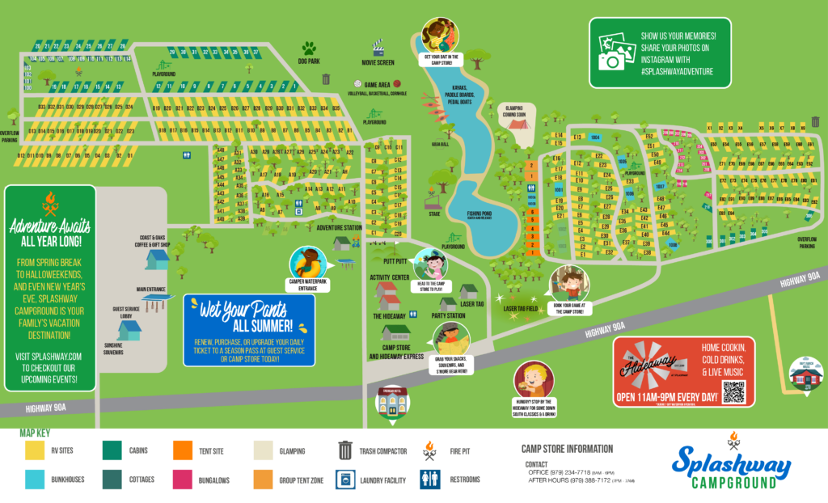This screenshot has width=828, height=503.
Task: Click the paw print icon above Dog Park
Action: [x=309, y=48]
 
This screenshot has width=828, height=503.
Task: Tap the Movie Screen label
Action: [x=378, y=62]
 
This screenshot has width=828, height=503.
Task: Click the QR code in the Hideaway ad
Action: [x=733, y=392]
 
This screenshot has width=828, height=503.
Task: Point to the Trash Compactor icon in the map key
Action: [x=345, y=449]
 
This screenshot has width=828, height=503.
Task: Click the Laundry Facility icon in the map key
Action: [x=345, y=480]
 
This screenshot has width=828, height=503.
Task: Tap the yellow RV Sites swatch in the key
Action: [x=35, y=450]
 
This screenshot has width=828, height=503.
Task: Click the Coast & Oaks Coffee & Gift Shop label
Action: [x=153, y=241]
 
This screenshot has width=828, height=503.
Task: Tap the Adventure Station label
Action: [x=339, y=228]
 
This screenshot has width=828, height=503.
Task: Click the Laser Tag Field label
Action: [x=522, y=309]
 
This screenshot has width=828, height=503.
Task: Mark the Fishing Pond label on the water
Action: [x=479, y=215]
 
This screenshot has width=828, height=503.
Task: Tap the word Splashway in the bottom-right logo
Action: [x=731, y=460]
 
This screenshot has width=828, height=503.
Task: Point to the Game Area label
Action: [x=377, y=84]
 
